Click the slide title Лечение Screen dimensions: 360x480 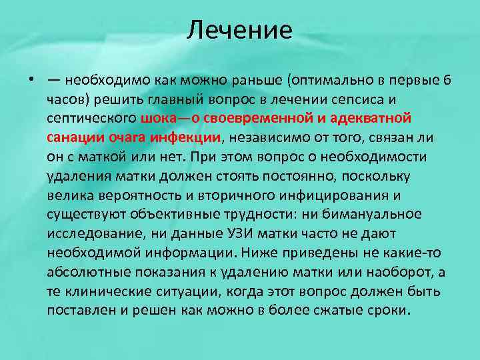[x=239, y=29]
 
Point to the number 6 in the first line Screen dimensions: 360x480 [x=447, y=81]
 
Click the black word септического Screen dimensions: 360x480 [x=91, y=119]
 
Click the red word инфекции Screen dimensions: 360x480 [x=189, y=138]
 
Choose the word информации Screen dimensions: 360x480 [x=189, y=253]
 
